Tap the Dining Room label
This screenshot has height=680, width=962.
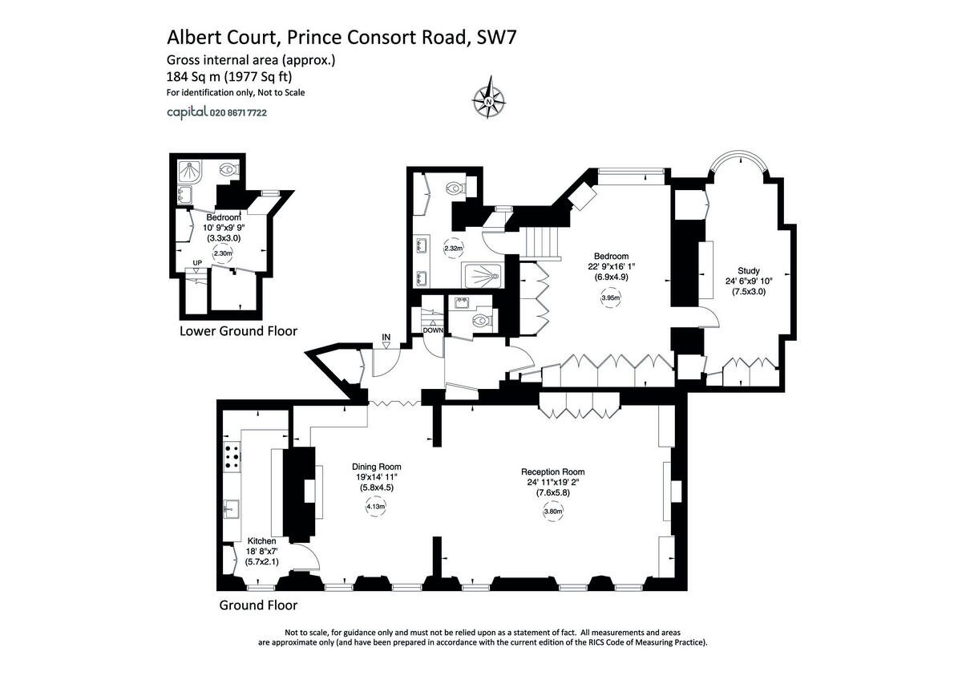(377, 467)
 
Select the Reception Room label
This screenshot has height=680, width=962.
(552, 472)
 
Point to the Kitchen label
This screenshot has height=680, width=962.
(261, 541)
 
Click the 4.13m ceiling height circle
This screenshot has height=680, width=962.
(375, 506)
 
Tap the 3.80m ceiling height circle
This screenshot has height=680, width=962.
(552, 512)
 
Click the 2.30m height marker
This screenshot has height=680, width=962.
(222, 254)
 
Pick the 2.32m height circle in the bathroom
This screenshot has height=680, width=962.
(453, 249)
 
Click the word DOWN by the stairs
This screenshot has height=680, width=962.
(433, 330)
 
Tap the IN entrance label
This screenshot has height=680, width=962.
(386, 337)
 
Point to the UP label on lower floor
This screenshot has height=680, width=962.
(197, 263)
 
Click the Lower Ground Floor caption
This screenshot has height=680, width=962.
(238, 330)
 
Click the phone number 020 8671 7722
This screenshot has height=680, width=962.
(238, 114)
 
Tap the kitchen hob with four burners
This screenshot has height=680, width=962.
(233, 456)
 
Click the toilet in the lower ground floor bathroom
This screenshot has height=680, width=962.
(230, 170)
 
